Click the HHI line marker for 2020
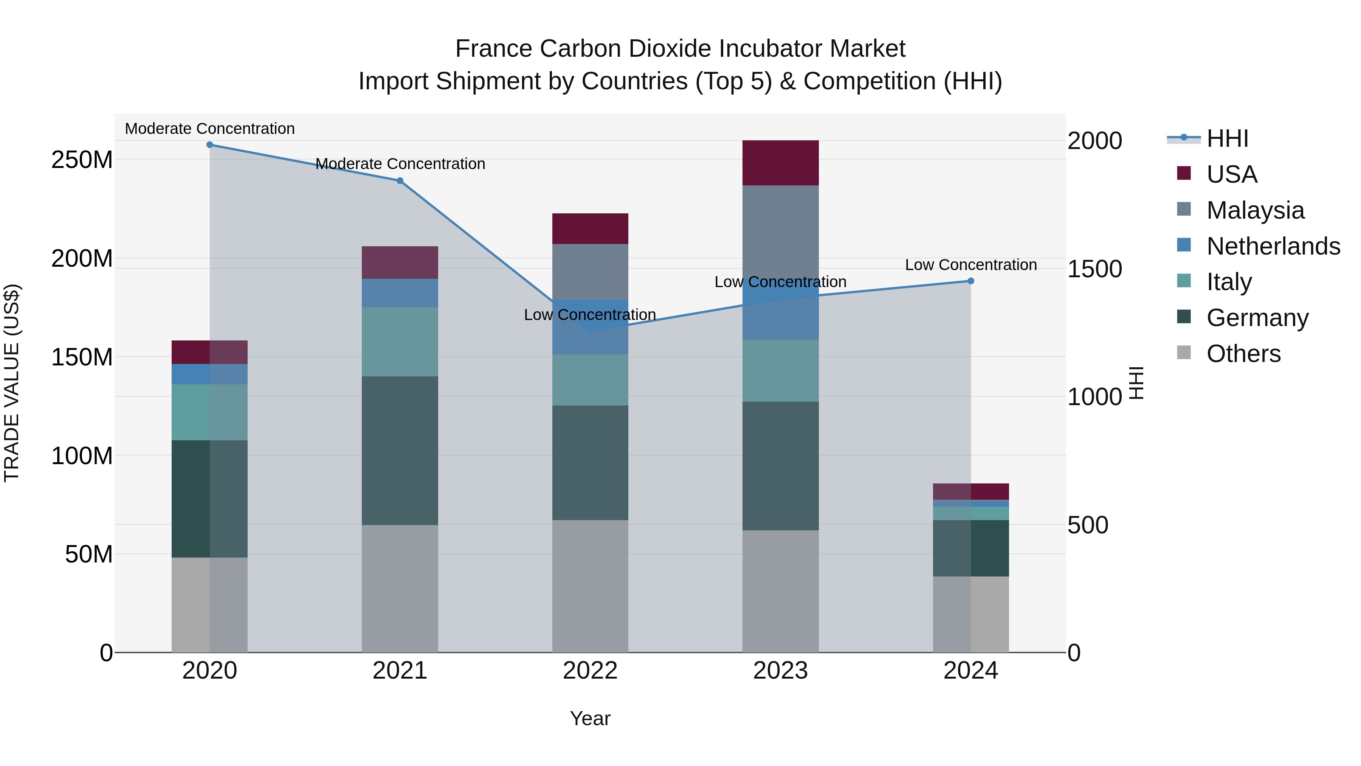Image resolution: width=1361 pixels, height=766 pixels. [210, 144]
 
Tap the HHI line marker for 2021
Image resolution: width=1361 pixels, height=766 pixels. [400, 181]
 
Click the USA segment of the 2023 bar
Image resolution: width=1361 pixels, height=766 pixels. [780, 163]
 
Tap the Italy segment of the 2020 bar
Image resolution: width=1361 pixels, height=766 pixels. [210, 412]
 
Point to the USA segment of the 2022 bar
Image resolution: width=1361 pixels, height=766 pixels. [590, 228]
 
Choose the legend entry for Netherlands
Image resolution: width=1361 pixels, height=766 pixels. [1273, 246]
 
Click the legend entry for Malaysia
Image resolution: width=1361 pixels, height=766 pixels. [1255, 210]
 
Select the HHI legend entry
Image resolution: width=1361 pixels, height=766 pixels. [1227, 138]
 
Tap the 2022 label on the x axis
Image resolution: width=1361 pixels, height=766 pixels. [590, 671]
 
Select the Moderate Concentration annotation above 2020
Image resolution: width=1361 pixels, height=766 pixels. [210, 129]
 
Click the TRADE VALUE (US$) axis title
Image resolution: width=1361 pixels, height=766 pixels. [12, 383]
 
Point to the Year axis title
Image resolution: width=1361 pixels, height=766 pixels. [590, 718]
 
